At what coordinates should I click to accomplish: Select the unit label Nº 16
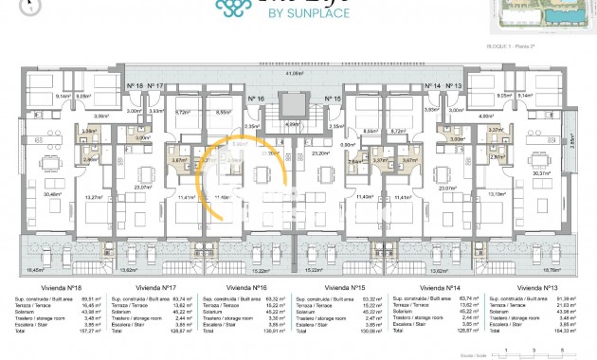point(255,98)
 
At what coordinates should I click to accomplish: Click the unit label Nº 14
point(432,85)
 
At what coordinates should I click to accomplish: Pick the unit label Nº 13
point(455,85)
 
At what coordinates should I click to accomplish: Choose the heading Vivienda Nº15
point(345,285)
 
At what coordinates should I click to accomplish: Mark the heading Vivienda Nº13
point(535,285)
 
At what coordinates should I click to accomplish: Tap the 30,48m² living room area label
point(54,193)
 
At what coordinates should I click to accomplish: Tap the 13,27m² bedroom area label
point(93,196)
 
